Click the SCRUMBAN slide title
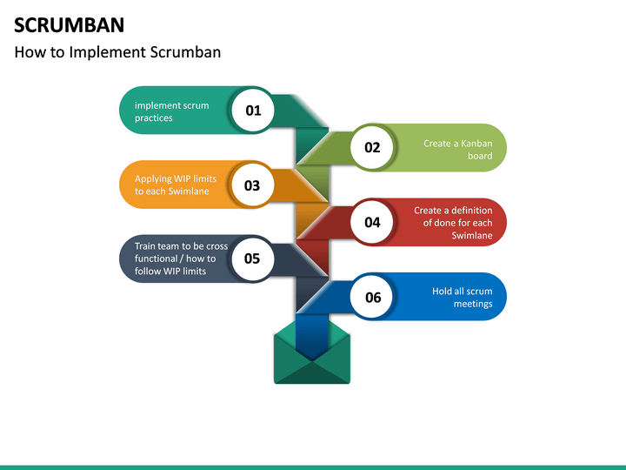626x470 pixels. pos(69,23)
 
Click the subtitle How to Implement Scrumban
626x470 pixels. pos(117,52)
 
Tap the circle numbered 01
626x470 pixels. pos(254,111)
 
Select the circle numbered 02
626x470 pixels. pos(372,147)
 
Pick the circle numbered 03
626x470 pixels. pos(252,185)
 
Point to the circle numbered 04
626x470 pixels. pos(372,222)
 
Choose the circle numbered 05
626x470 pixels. pos(252,258)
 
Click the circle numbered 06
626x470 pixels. pos(372,297)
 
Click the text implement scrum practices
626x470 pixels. pos(171,111)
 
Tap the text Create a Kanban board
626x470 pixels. pos(457,149)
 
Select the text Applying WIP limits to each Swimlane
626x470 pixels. pos(175,185)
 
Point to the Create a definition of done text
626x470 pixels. pos(452,223)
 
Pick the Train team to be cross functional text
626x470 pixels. pos(181,258)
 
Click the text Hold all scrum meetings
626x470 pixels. pos(462,297)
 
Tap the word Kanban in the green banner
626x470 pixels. pos(476,143)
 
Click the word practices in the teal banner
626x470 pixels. pos(154,118)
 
